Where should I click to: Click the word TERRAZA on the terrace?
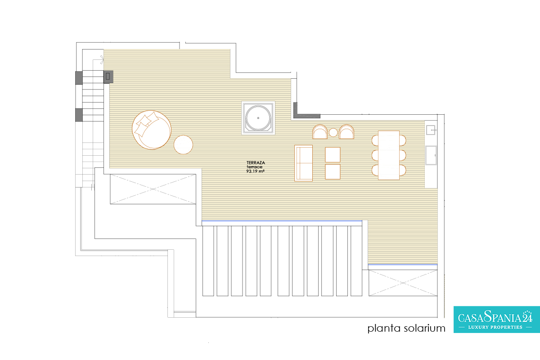coord(256,163)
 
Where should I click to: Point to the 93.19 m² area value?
coord(255,171)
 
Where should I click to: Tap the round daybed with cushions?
coord(152,130)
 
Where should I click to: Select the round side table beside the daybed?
coord(183,145)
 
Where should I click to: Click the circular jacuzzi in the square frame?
coord(258,118)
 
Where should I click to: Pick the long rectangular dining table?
coord(389,155)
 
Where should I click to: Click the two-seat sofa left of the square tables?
coord(303,163)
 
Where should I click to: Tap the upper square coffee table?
coord(333,155)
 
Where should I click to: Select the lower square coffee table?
coord(333,172)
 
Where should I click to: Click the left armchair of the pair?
coord(320,132)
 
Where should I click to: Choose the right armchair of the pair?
coord(346,132)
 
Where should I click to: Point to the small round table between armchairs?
coord(333,132)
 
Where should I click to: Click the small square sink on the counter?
coord(431,130)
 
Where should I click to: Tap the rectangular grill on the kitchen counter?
coord(431,155)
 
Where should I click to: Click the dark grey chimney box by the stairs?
coord(108,76)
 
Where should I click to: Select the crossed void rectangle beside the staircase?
coord(153,189)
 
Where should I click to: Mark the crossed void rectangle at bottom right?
coord(403,283)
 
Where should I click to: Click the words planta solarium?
coord(406,328)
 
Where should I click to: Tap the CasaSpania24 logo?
coord(497,320)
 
